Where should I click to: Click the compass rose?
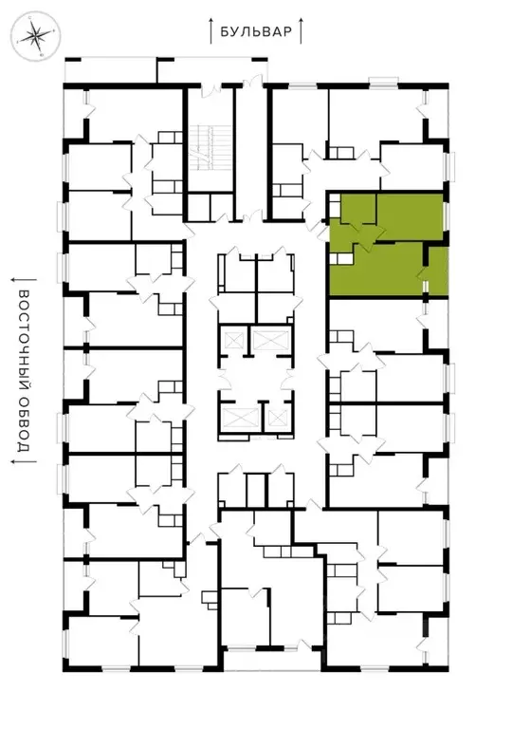(35, 37)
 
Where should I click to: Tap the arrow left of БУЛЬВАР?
(210, 29)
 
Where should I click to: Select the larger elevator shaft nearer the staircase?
(232, 340)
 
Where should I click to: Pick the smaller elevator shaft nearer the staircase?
(269, 339)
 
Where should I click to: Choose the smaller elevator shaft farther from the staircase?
(275, 416)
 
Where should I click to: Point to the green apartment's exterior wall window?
(446, 215)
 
